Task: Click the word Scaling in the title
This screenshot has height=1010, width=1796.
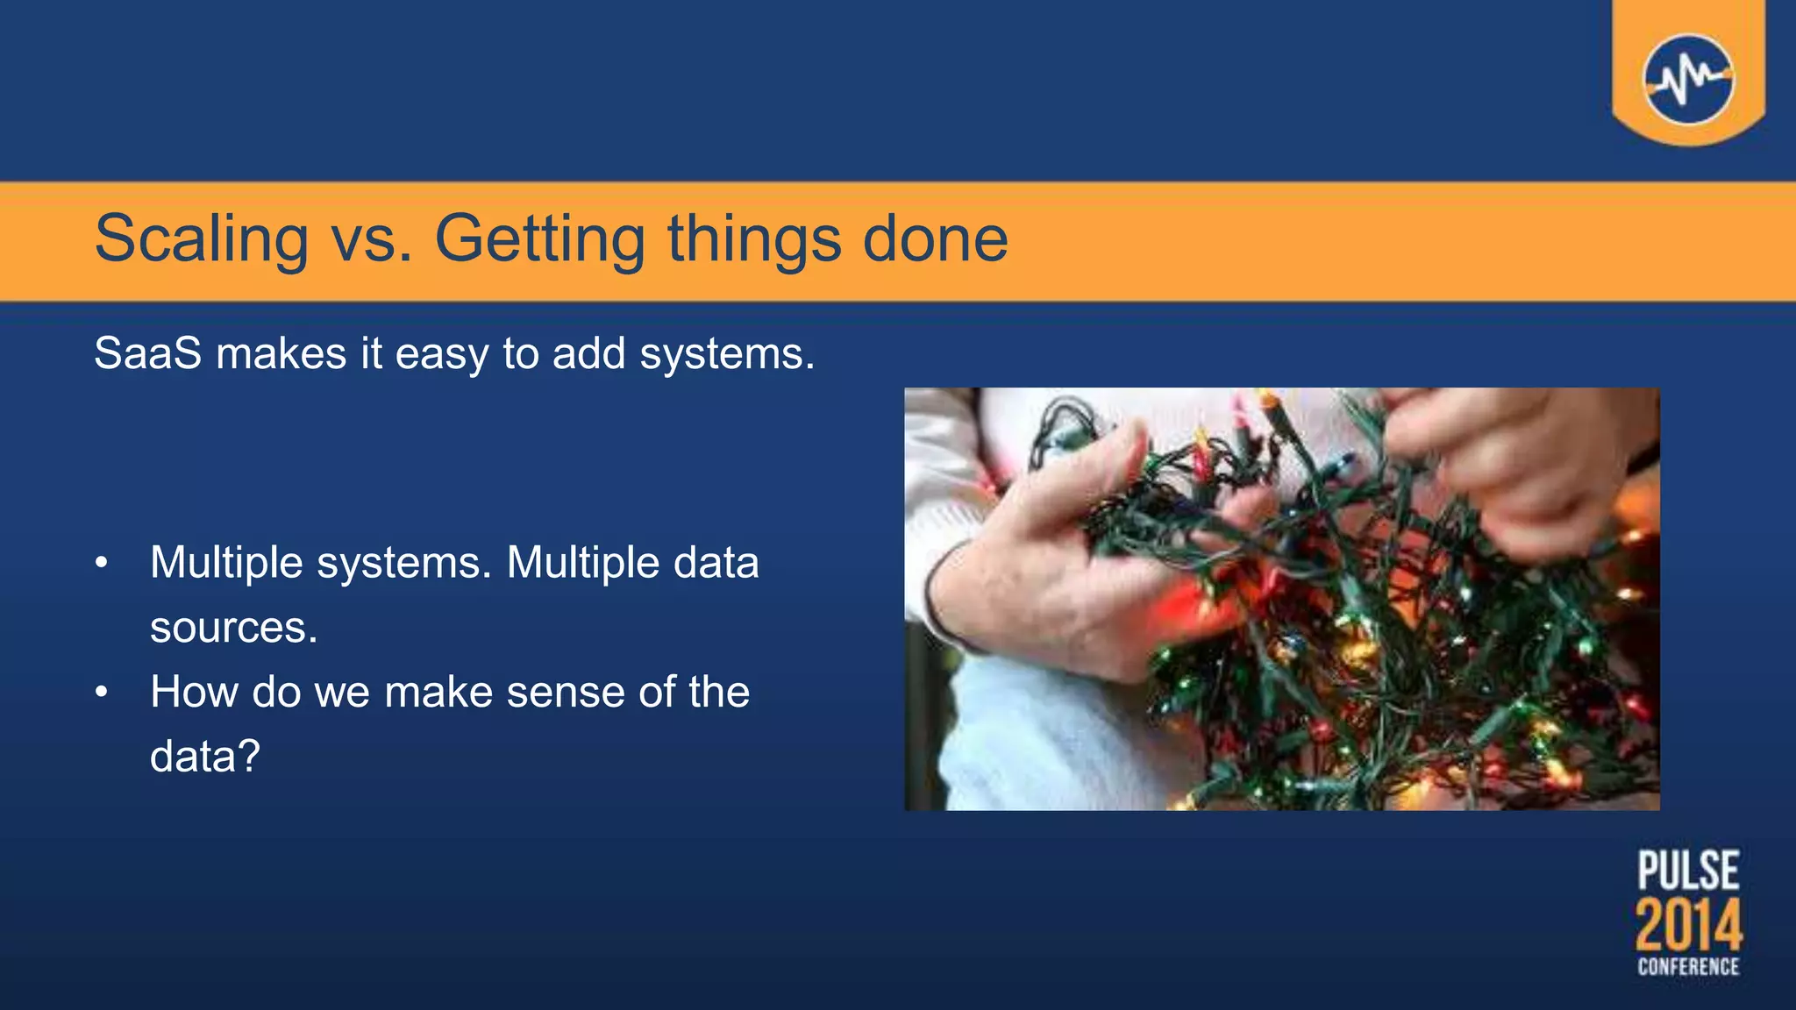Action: pos(201,238)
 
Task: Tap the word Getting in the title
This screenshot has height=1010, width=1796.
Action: pos(539,238)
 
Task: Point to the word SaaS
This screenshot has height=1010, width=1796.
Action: pos(147,354)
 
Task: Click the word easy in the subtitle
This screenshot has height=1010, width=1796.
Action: pos(441,354)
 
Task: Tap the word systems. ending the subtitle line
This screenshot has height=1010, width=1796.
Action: pos(727,354)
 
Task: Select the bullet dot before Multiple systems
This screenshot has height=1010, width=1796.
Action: pos(102,563)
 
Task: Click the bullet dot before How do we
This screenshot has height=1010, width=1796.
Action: pos(102,693)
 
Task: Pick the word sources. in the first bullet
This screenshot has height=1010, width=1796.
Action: pos(233,628)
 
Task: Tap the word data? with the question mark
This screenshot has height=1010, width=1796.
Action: pos(204,757)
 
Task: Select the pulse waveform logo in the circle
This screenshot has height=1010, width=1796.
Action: pos(1688,79)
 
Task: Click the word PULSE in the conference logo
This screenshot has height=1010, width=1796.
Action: pos(1688,871)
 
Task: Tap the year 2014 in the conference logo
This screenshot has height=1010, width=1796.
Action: pos(1688,926)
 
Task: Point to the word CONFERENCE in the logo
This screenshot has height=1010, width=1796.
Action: pos(1688,967)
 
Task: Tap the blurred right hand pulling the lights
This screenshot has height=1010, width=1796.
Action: pos(1517,465)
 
